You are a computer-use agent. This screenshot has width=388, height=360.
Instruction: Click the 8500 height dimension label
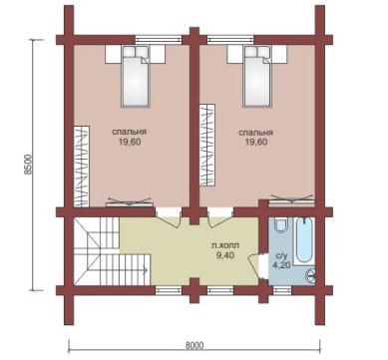click(29, 165)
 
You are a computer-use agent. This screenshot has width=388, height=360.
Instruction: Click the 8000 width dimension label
click(194, 345)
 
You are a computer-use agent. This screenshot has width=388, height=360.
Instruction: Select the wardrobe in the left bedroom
click(82, 166)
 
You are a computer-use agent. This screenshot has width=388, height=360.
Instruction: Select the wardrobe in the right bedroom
click(206, 145)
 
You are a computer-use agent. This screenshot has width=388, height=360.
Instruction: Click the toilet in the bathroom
click(281, 225)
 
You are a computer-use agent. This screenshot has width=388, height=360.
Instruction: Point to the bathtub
click(304, 240)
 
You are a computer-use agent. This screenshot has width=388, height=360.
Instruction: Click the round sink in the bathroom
click(310, 275)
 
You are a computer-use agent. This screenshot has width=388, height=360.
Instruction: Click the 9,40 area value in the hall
click(225, 255)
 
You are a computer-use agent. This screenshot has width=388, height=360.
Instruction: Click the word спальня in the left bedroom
click(130, 132)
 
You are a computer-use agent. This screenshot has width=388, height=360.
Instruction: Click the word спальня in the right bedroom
click(256, 133)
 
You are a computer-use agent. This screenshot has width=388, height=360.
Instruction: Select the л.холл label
click(225, 246)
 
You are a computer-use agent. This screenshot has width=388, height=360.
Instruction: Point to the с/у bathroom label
click(281, 256)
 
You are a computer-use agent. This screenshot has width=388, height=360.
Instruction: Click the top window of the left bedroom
click(159, 40)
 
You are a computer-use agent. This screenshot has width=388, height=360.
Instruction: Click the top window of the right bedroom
click(231, 40)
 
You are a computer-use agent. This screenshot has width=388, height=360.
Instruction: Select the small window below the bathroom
click(282, 290)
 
